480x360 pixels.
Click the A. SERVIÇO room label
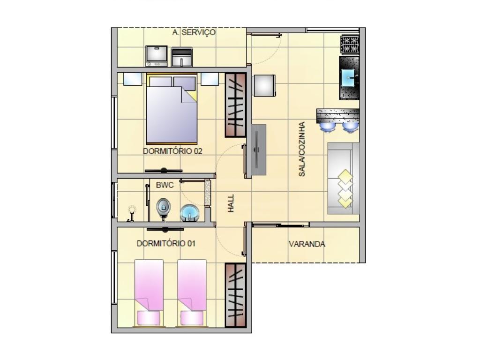pos(194,32)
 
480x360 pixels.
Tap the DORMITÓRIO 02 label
pos(172,151)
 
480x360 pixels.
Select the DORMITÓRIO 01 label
pos(166,244)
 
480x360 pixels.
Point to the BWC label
pos(165,185)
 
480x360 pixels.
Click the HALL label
pos(231,203)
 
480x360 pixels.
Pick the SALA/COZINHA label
pos(302,149)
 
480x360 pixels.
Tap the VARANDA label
pos(307,244)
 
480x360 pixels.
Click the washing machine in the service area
pos(157,56)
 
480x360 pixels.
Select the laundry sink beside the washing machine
pos(181,57)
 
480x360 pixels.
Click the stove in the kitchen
pos(350,45)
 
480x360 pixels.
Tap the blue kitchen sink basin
pos(348,78)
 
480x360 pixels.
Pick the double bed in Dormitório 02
pos(172,109)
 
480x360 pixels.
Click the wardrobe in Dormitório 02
pos(235,105)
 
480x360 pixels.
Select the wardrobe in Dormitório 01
pos(235,295)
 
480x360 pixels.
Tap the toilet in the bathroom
pos(163,208)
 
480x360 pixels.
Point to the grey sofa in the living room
pos(344,178)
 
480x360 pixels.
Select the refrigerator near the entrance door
pos(265,86)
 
